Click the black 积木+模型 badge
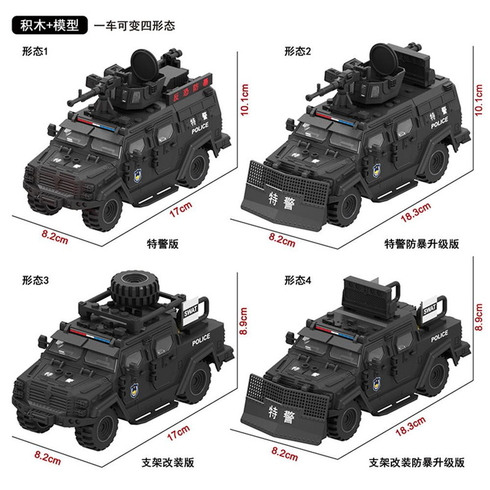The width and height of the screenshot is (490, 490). coord(50,25)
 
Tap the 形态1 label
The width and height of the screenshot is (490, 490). coord(35,51)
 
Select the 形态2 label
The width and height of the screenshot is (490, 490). coord(297,51)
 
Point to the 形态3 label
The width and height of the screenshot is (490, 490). coord(35,280)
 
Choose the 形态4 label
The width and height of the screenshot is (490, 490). coord(297,280)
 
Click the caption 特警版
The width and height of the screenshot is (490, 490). coord(163,244)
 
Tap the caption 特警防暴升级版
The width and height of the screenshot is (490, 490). coord(421,244)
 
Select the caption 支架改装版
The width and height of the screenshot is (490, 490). coord(168,462)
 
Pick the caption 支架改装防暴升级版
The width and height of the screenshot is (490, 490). coord(416,462)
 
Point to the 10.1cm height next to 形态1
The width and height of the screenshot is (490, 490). coord(244,100)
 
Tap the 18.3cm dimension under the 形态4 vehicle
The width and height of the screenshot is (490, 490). coord(411,426)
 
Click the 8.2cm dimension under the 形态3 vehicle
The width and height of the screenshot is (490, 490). coord(47,458)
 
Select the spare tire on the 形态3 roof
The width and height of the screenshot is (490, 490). coord(135,287)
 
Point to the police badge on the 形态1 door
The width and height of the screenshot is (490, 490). coord(138,176)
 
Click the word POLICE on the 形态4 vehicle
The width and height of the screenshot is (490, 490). coord(439,336)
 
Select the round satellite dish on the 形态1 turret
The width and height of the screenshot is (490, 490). coord(145,65)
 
